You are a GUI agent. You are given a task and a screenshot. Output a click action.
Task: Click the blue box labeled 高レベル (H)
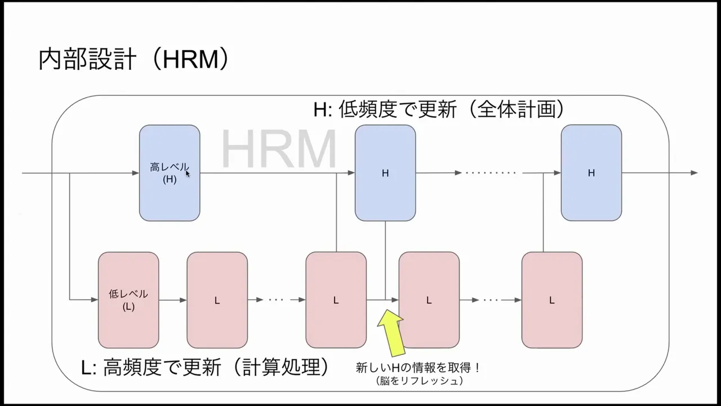click(x=170, y=173)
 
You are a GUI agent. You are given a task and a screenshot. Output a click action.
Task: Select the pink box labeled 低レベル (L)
click(x=128, y=300)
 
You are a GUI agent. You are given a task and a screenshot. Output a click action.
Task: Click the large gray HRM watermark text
click(x=279, y=150)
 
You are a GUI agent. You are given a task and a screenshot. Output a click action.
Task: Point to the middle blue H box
click(x=385, y=173)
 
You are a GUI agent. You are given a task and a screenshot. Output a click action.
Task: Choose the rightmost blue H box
click(x=591, y=173)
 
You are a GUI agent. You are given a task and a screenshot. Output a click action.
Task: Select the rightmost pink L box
click(x=551, y=300)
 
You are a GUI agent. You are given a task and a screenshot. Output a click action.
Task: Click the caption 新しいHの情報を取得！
click(x=418, y=368)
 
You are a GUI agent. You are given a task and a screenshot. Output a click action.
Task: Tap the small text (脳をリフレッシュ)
click(x=419, y=381)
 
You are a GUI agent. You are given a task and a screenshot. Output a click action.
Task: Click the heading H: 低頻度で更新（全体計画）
click(x=439, y=109)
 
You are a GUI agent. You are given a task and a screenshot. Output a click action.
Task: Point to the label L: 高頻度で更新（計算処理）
click(x=205, y=367)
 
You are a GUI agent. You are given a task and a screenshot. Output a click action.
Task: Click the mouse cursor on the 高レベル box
click(x=188, y=174)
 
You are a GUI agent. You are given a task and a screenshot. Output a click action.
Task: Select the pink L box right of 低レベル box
click(x=217, y=300)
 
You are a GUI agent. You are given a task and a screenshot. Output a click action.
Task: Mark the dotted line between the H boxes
click(x=489, y=173)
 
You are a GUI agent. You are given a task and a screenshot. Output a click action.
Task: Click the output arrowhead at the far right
click(x=694, y=173)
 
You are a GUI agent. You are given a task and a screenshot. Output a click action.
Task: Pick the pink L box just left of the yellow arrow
click(x=336, y=300)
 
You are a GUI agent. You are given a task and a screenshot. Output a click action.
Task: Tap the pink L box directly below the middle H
click(x=429, y=300)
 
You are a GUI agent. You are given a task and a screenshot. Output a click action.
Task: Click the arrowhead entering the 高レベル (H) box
click(x=136, y=173)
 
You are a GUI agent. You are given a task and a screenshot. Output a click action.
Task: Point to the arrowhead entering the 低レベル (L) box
click(x=95, y=300)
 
